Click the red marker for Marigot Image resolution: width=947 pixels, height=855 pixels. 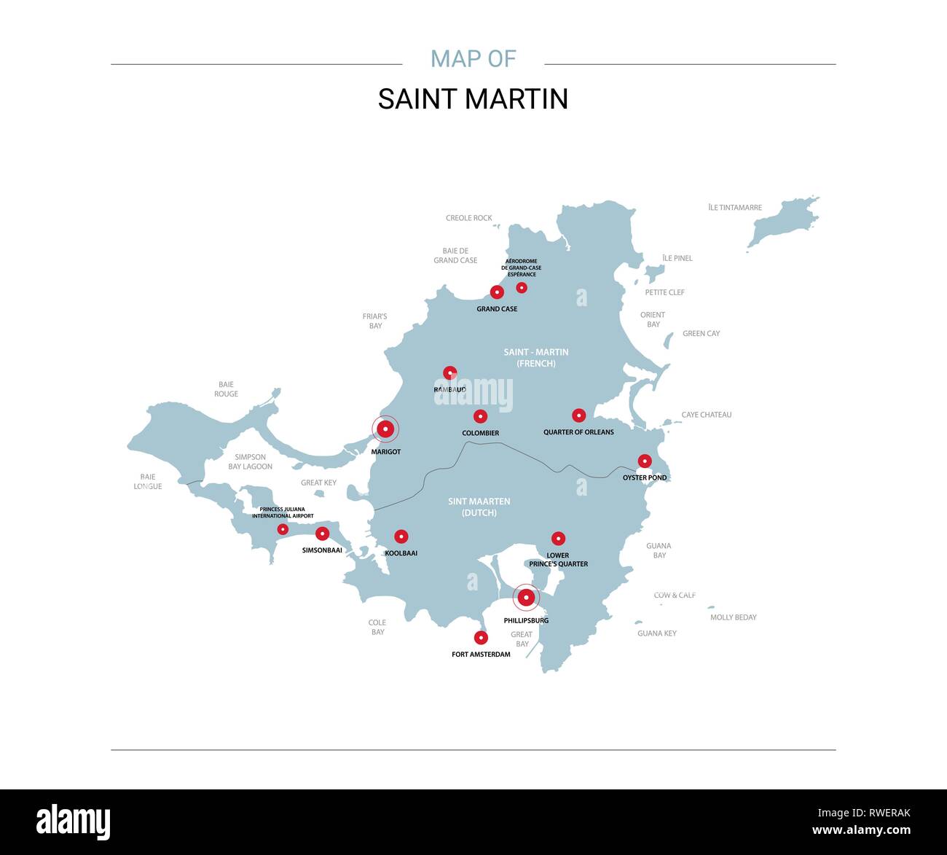[385, 429]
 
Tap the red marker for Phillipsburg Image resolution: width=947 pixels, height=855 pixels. [526, 598]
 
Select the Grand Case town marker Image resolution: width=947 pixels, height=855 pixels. [497, 292]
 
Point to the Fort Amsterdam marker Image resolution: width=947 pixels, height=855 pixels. [481, 638]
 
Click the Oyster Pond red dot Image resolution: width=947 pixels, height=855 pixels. [645, 461]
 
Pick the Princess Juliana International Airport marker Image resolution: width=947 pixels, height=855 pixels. [283, 529]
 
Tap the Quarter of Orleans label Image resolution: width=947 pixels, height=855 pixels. [578, 432]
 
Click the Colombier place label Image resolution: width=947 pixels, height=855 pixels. [480, 433]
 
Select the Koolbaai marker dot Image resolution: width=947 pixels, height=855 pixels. [401, 536]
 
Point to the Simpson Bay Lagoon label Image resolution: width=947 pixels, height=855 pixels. [250, 462]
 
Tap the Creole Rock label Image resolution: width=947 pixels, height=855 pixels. [468, 218]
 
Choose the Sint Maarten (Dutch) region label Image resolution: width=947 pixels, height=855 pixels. [479, 507]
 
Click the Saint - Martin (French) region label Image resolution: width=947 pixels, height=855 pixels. [536, 357]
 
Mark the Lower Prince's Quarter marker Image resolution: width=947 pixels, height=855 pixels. [558, 539]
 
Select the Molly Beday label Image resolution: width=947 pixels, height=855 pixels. [733, 617]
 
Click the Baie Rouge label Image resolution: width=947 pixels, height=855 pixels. [226, 389]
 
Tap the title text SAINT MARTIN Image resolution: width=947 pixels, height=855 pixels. [473, 99]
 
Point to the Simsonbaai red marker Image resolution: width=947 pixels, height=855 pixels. [322, 534]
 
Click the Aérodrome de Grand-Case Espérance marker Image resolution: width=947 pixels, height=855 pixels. [522, 288]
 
